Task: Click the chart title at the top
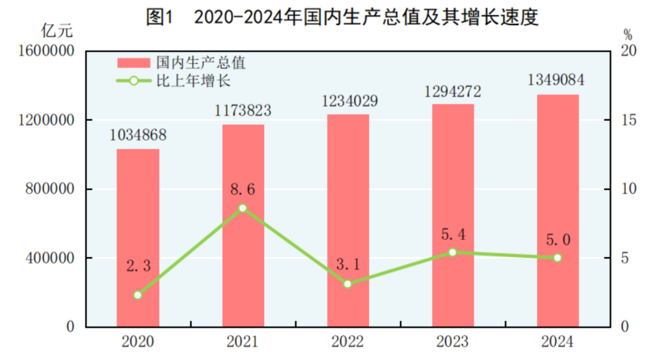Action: pos(342,18)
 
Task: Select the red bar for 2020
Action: pos(138,238)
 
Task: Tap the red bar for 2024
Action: pos(558,211)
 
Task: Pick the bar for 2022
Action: pos(348,220)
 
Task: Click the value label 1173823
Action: pos(243,110)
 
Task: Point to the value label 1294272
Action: pos(453,92)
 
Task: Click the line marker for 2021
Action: pos(243,208)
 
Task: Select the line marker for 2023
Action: pos(452,252)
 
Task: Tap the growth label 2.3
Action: pos(139,266)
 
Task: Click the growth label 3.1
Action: pos(348,264)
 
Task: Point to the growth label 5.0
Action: pos(558,240)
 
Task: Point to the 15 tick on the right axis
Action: pos(628,120)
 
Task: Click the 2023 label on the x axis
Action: pos(452,342)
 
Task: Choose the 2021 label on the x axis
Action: pos(242,342)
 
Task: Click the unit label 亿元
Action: pos(57,29)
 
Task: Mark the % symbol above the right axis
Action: pos(628,34)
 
